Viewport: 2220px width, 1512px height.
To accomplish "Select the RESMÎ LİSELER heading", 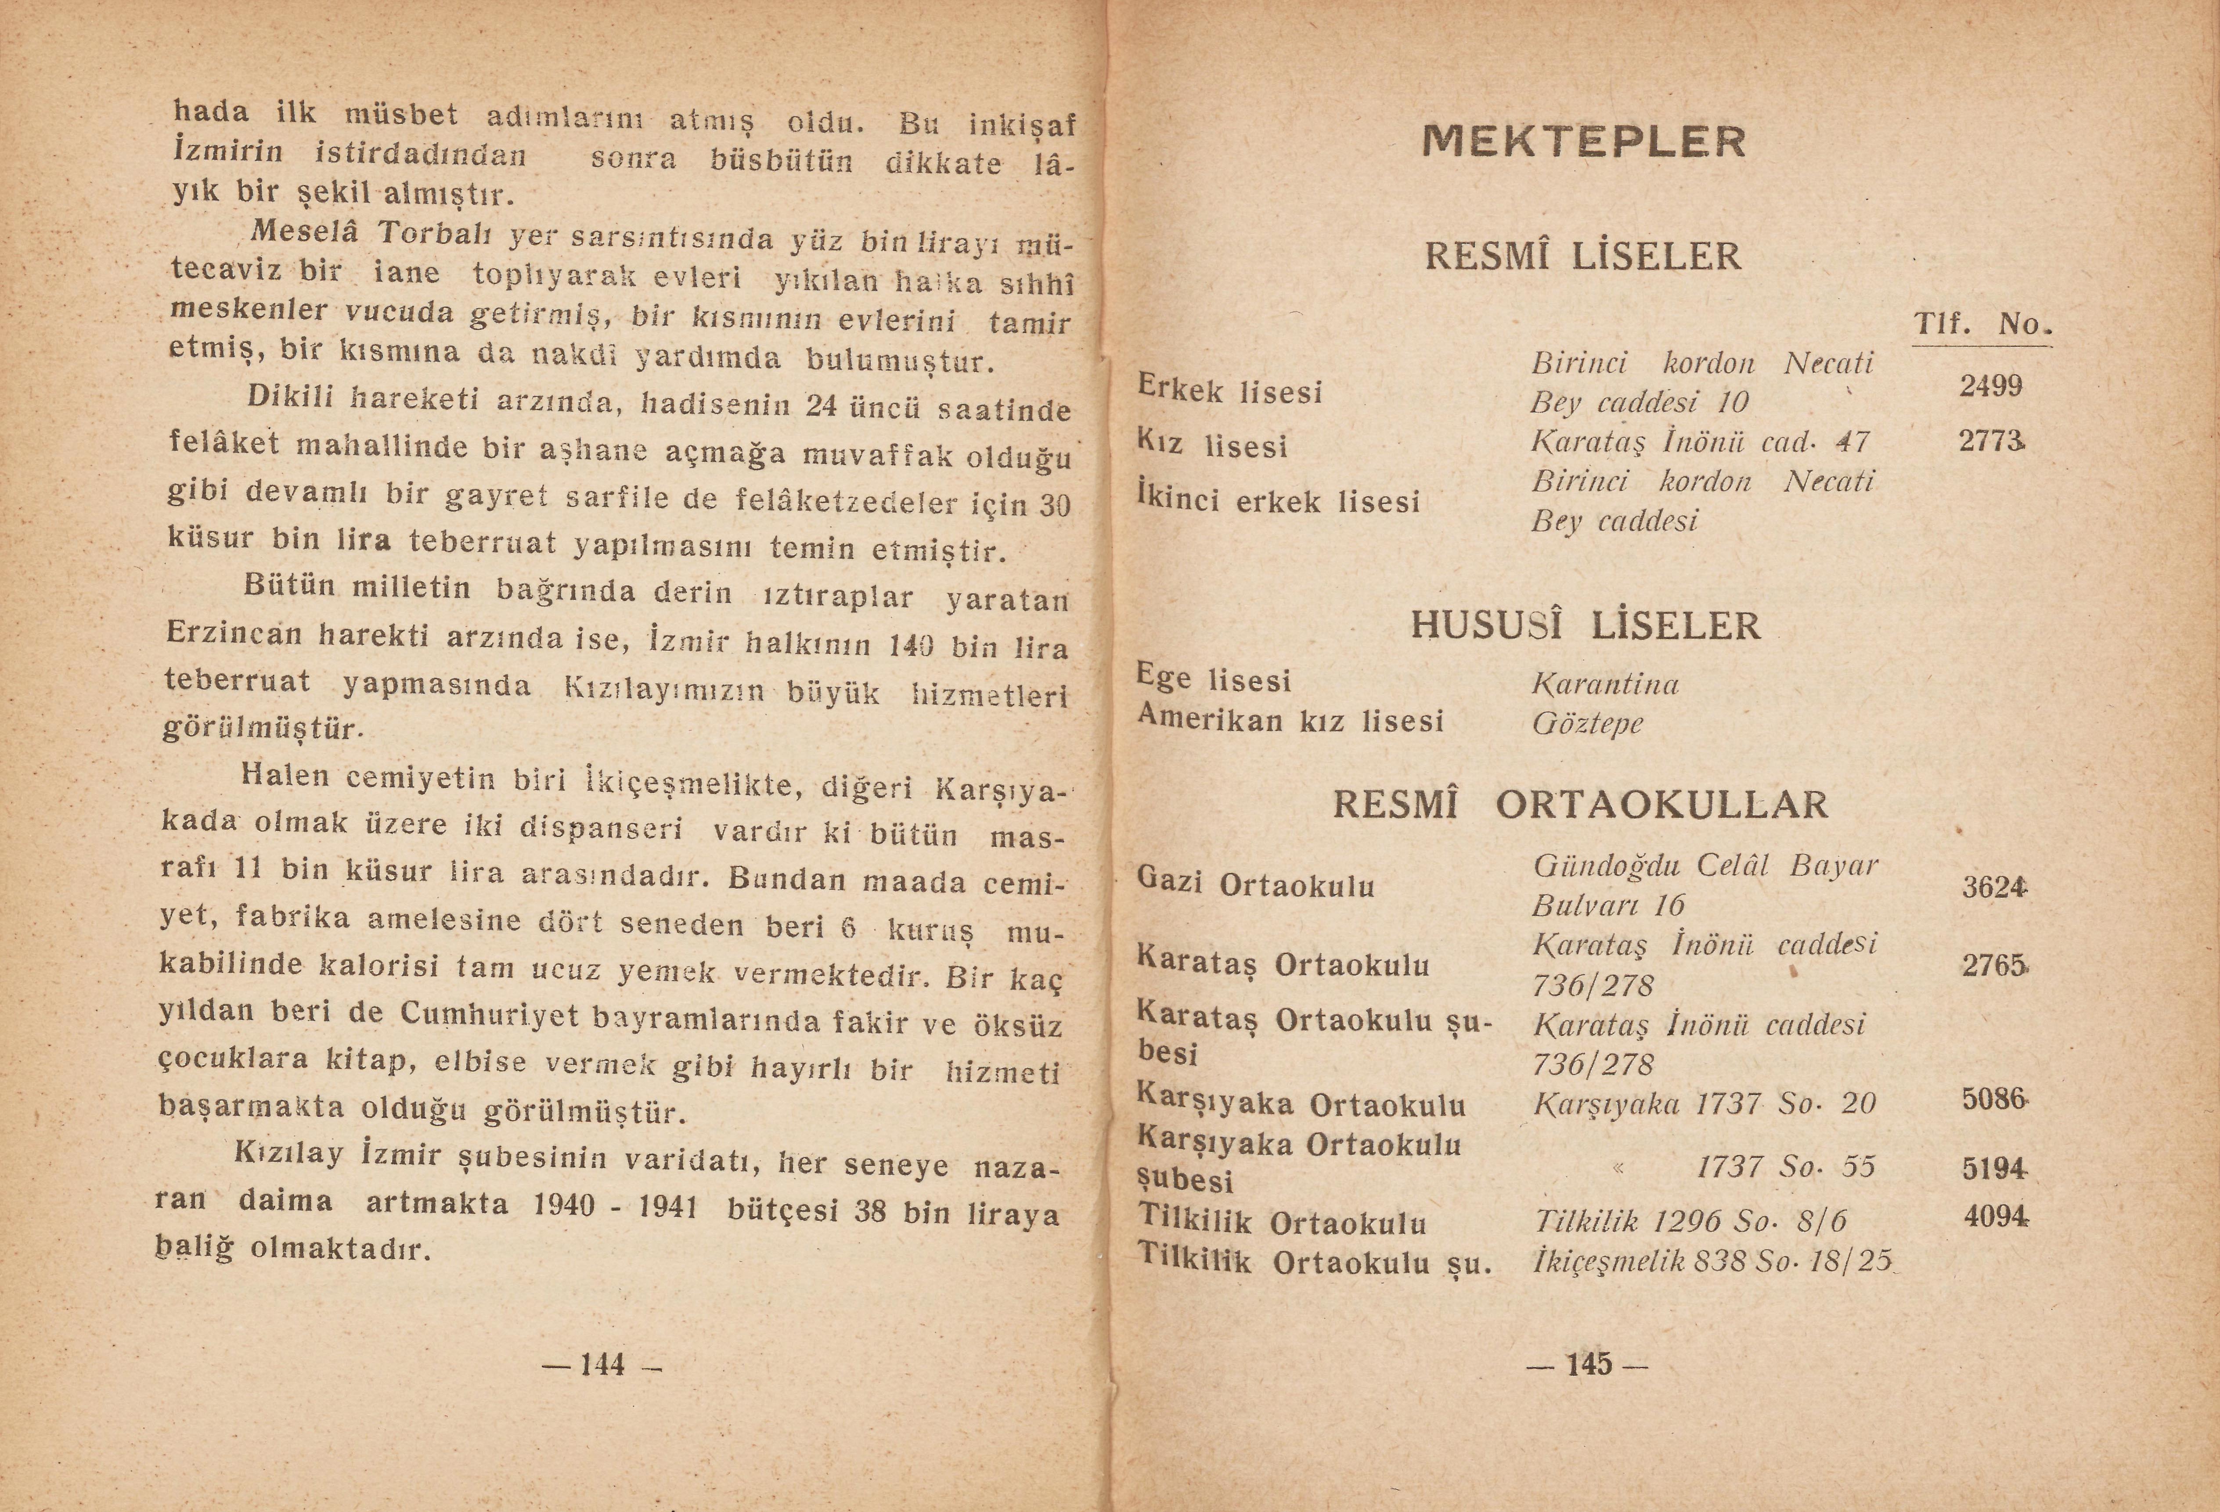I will point(1583,256).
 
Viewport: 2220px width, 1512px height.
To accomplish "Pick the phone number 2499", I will point(1991,386).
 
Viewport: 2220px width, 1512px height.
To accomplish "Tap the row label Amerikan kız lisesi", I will point(1290,719).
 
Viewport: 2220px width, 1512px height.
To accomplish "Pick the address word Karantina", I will point(1605,684).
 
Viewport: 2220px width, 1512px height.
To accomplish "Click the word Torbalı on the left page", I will point(440,233).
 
